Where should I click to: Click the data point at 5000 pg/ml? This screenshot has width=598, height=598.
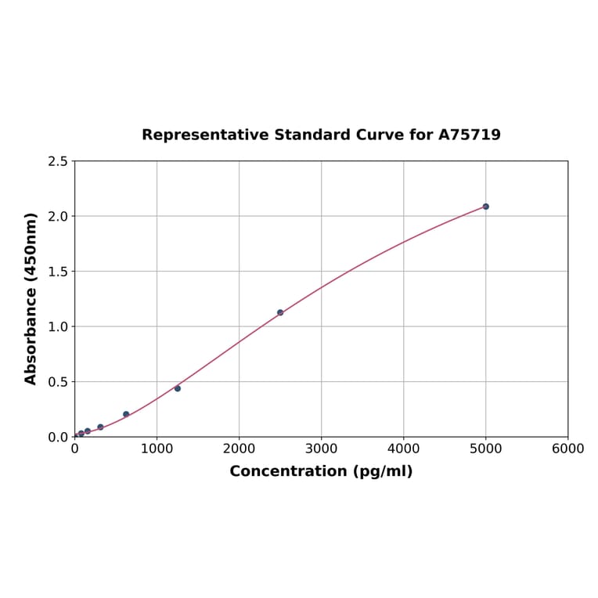[485, 207]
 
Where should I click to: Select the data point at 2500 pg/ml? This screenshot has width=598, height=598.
[280, 312]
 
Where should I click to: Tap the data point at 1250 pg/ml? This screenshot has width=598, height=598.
[178, 388]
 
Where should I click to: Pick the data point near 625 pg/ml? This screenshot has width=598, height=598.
[126, 414]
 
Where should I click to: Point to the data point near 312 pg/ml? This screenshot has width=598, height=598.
[100, 427]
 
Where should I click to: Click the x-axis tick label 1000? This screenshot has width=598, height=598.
[157, 448]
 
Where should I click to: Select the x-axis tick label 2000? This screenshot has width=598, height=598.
[239, 448]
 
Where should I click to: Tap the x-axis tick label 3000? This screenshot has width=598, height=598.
[321, 448]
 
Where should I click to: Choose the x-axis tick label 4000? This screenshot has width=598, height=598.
[403, 448]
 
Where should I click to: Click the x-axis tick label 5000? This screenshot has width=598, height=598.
[485, 448]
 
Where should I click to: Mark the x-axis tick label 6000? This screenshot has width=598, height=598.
[567, 448]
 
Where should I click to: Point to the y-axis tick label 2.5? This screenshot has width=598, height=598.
[58, 161]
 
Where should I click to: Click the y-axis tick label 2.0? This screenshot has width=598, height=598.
[58, 216]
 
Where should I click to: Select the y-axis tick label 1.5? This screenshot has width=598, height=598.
[58, 272]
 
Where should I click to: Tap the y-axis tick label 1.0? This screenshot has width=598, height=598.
[58, 326]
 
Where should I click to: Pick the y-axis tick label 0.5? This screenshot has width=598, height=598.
[58, 382]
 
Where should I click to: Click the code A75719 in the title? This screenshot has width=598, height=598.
[469, 135]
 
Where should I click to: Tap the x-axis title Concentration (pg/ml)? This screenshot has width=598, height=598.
[321, 471]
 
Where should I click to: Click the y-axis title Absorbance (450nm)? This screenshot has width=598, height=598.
[31, 298]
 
